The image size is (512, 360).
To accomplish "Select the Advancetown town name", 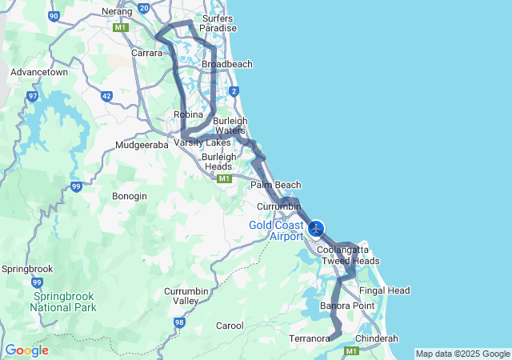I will (x=38, y=72).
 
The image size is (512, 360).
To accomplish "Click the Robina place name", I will (x=189, y=115).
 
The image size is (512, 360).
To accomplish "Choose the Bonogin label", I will (x=130, y=196).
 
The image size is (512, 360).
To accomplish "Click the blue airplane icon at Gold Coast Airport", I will (x=316, y=230).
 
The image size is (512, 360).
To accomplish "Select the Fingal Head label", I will (x=385, y=290).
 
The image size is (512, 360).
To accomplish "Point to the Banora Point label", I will (x=347, y=306).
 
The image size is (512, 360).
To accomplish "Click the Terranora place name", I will (x=310, y=339).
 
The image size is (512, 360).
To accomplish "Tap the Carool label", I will (x=230, y=326).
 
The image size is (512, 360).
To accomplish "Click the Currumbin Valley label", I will (x=186, y=295).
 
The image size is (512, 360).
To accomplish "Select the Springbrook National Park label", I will (x=64, y=301).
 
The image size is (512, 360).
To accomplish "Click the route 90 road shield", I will (x=54, y=16).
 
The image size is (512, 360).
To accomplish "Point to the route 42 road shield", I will (x=107, y=96).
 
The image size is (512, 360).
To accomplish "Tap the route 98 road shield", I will (x=179, y=322).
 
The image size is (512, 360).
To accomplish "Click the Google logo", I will (x=26, y=350).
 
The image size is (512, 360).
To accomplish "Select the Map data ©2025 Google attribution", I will (x=462, y=354).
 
